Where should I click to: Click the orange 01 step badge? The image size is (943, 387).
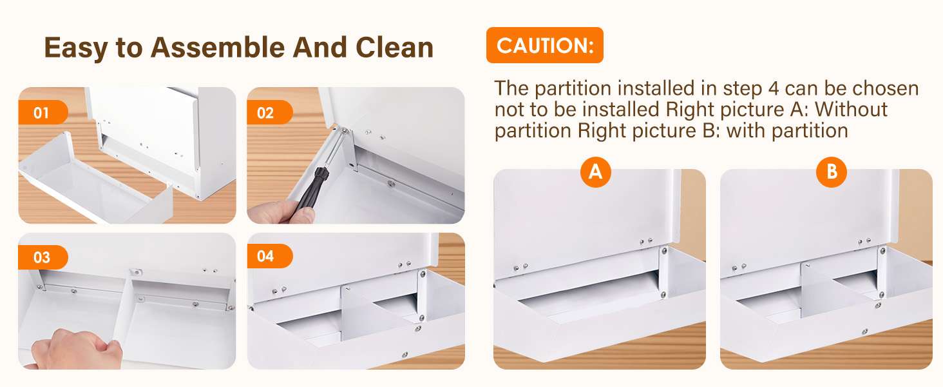point(43,112)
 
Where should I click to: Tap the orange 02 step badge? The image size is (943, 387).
point(269,112)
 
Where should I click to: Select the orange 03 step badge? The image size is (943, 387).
point(43,257)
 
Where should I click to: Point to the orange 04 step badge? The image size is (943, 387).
point(269,256)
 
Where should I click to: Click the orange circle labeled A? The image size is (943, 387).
point(595,172)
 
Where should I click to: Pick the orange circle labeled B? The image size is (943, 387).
point(832,172)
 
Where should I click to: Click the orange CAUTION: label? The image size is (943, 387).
point(545,45)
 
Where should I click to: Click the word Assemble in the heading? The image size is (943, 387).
point(218,47)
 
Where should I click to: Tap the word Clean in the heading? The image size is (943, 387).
point(394,47)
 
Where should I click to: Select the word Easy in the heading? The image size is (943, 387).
point(76,48)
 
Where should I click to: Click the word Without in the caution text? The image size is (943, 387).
point(852,110)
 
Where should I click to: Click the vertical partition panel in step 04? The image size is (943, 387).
point(359,313)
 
